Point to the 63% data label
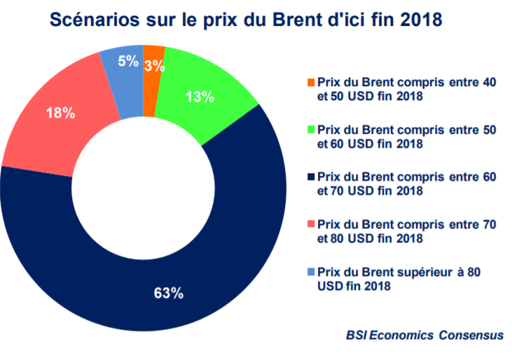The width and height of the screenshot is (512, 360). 169,293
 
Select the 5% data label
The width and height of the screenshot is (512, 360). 127,61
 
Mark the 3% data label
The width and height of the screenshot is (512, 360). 155,67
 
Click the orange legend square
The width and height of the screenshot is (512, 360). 311,82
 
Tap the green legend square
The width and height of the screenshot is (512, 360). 311,130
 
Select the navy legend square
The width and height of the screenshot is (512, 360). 311,176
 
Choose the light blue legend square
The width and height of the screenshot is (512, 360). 311,271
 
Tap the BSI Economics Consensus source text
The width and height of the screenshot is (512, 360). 424,335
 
